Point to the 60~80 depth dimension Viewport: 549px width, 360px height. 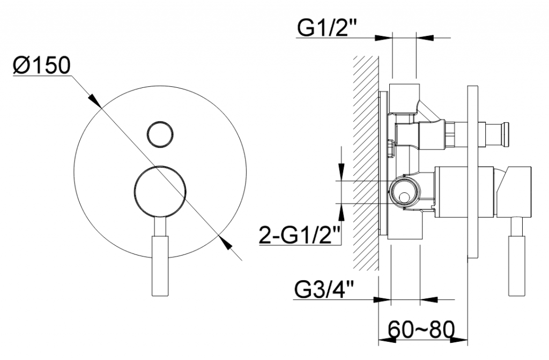[421, 329]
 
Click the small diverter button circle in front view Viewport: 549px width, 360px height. [160, 134]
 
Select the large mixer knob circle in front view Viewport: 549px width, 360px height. [160, 192]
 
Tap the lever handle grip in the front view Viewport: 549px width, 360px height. [160, 266]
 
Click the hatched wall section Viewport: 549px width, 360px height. [366, 163]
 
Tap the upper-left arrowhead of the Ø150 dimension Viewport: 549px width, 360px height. [94, 100]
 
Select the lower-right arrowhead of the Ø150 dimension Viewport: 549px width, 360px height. [225, 243]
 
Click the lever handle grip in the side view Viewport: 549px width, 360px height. [516, 266]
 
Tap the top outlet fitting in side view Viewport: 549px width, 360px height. [405, 99]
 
